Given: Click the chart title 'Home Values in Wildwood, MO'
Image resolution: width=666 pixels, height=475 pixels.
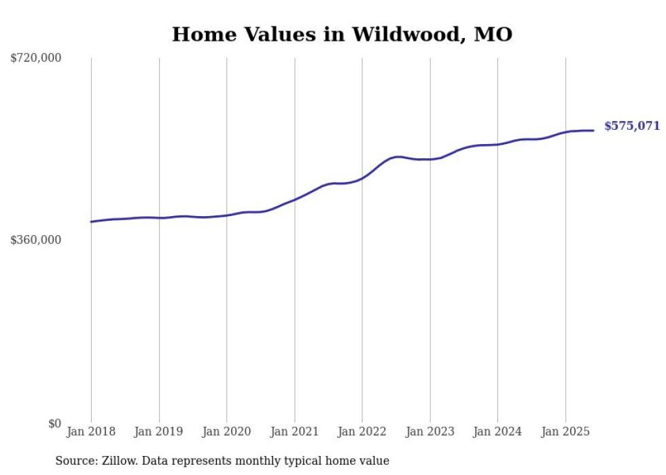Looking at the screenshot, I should click(342, 34).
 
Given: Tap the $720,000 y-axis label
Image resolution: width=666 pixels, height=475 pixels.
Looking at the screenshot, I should click(36, 58).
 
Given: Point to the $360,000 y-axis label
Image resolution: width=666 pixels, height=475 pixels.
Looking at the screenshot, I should click(36, 240).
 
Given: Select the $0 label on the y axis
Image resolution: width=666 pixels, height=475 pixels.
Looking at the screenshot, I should click(54, 423).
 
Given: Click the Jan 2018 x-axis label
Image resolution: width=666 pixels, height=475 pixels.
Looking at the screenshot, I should click(91, 432).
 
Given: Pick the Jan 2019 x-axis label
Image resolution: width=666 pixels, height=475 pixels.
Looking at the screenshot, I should click(159, 432).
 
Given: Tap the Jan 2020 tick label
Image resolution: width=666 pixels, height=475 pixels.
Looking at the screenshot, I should click(227, 432).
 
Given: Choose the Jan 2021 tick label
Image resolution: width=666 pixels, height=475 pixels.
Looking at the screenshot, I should click(294, 432).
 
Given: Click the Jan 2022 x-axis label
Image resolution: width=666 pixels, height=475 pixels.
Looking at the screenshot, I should click(362, 432).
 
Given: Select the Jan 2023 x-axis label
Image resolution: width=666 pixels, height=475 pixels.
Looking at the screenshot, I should click(430, 432).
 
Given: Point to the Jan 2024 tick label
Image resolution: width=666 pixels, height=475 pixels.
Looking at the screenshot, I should click(497, 432).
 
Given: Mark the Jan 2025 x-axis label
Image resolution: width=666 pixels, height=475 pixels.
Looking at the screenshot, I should click(565, 432).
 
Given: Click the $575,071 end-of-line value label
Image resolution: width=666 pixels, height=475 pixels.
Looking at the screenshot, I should click(631, 126).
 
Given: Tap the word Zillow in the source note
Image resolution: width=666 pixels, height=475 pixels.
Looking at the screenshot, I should click(120, 461).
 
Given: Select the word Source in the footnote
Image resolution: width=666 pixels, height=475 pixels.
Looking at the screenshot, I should click(73, 461).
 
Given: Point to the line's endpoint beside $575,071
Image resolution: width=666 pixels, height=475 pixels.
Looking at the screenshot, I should click(594, 130).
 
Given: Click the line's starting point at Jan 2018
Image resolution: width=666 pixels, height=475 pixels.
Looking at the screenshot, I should click(91, 222).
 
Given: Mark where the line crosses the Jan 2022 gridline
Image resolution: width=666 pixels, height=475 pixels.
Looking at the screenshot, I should click(362, 178).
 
